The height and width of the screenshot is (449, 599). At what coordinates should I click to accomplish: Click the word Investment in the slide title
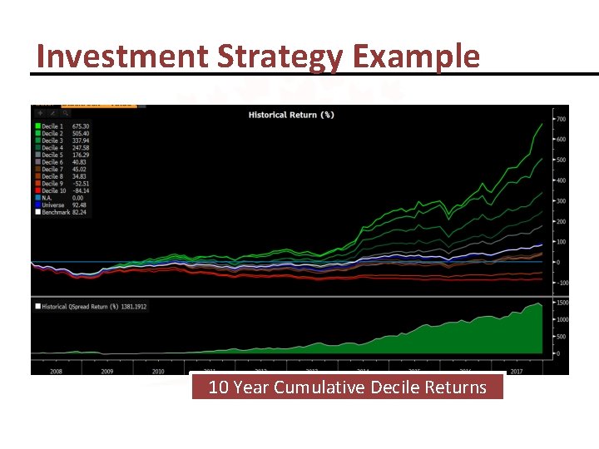(x=122, y=57)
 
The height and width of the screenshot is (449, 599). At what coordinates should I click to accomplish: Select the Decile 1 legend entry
(x=52, y=127)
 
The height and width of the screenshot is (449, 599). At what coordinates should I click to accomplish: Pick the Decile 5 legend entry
(x=52, y=155)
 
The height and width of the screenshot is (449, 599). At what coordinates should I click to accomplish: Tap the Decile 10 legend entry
(x=52, y=190)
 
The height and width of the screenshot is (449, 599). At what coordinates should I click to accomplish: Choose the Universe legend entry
(x=52, y=205)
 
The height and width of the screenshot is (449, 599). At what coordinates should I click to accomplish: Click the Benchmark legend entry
(x=54, y=212)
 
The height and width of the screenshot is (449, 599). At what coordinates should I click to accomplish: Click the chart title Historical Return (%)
(x=291, y=115)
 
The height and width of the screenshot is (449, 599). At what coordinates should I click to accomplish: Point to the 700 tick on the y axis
(x=562, y=120)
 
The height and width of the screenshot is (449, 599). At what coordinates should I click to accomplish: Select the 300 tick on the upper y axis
(x=562, y=201)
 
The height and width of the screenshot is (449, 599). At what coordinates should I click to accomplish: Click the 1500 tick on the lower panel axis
(x=562, y=303)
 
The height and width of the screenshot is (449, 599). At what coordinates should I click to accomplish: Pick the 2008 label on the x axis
(x=55, y=371)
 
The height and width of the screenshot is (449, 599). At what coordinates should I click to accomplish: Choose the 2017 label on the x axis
(x=515, y=371)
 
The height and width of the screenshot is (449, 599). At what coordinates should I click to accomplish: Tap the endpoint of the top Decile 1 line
(x=542, y=125)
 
